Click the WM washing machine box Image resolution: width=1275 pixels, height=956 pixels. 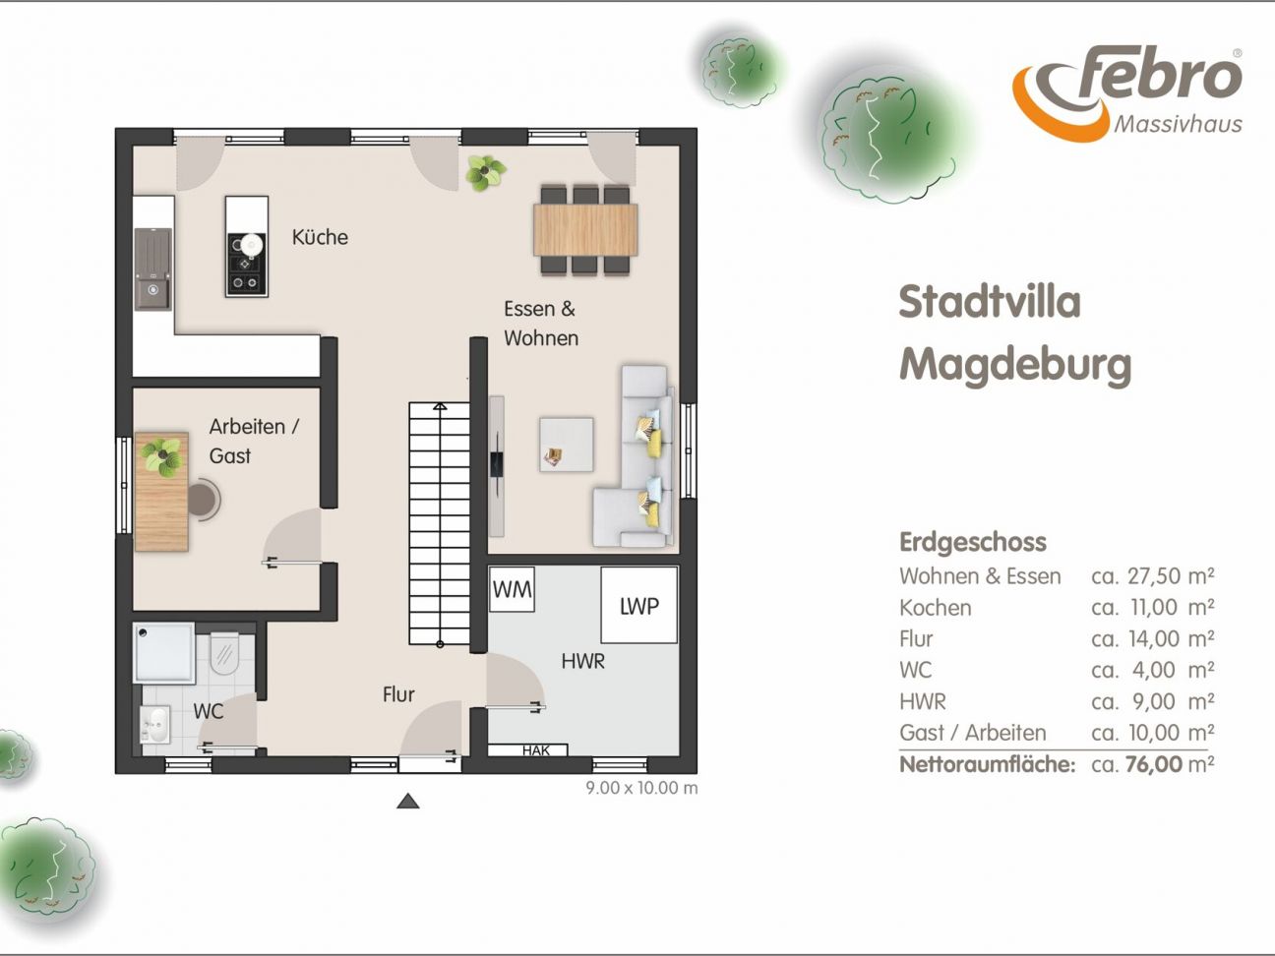[x=512, y=589]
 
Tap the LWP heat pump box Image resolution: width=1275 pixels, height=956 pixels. [x=638, y=606]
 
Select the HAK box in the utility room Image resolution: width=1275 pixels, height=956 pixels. [x=527, y=750]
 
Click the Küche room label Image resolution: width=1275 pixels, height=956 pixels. [x=320, y=237]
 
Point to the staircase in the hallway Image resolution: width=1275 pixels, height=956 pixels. [x=439, y=523]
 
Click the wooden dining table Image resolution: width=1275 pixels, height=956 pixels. [x=585, y=229]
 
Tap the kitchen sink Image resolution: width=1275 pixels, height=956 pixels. [x=153, y=269]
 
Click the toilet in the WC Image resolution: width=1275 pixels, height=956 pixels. [x=224, y=652]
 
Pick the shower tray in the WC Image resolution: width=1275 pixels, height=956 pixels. [x=164, y=653]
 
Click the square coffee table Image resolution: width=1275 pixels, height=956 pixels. [x=567, y=444]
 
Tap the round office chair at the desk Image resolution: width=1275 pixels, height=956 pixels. [x=204, y=499]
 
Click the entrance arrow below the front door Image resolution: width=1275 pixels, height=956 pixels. [x=407, y=801]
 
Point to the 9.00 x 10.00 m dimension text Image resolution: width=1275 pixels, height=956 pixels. [x=641, y=788]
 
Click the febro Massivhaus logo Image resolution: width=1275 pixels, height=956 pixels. [x=1126, y=92]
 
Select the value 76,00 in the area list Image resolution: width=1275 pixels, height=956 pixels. [x=1154, y=764]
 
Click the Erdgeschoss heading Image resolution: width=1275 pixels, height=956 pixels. [x=973, y=542]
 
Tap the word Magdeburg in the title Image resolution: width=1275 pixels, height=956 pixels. [x=1015, y=366]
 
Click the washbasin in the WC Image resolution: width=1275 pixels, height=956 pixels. [x=155, y=725]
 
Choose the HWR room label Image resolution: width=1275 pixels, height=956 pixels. [x=582, y=661]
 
